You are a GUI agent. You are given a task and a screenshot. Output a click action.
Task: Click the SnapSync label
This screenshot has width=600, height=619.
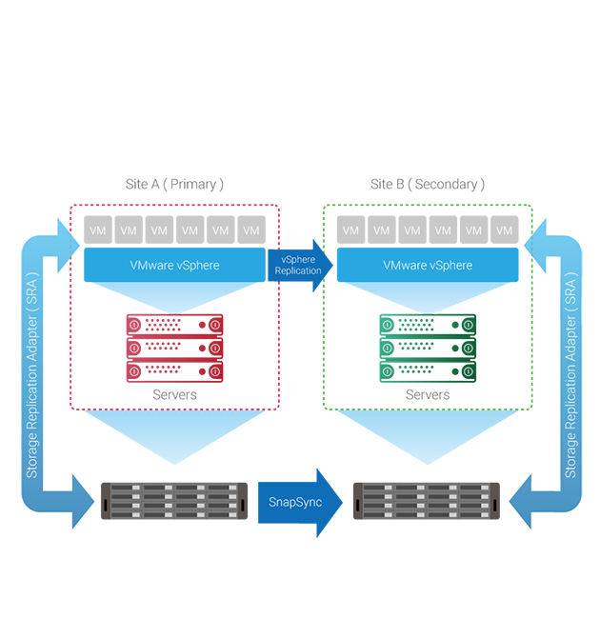[295, 501]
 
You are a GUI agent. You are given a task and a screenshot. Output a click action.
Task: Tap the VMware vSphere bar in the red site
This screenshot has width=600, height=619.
[173, 265]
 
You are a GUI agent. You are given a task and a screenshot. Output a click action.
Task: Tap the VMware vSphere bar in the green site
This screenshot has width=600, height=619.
[427, 265]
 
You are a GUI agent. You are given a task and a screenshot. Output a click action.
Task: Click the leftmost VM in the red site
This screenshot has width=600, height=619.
[97, 230]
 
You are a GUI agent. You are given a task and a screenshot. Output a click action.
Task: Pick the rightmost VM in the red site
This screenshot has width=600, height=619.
[251, 230]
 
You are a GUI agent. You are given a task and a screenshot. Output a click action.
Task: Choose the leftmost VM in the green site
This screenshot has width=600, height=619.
[350, 230]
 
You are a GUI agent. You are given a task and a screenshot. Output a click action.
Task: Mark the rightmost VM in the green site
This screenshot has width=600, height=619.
[504, 230]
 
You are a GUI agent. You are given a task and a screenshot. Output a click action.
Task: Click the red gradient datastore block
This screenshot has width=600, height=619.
[174, 348]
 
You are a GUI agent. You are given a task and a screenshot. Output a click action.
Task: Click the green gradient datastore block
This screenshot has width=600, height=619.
[427, 348]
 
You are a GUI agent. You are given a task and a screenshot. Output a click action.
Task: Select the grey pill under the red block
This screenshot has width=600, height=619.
[174, 394]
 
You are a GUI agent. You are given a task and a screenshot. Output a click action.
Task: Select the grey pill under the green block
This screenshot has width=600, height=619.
[427, 394]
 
